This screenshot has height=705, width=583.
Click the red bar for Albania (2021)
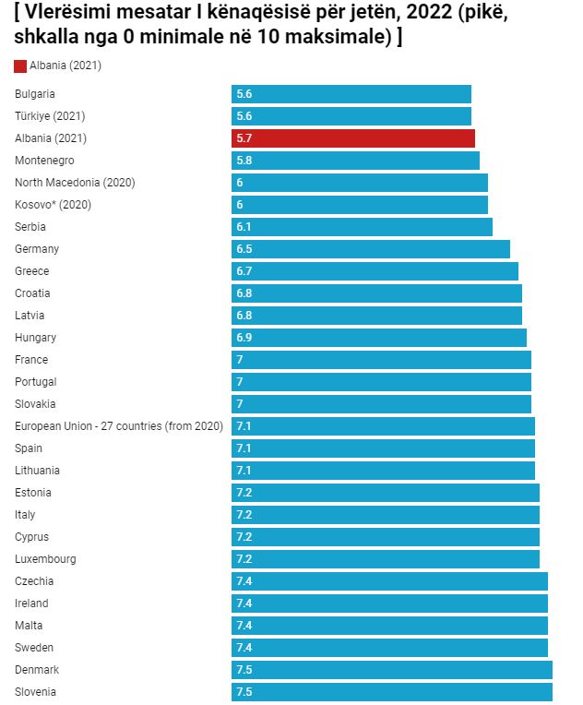[353, 138]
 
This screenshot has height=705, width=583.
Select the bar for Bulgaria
[351, 94]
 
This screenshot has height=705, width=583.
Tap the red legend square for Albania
[20, 66]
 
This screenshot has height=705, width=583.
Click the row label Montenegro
[44, 161]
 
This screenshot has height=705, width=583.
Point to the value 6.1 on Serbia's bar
[244, 227]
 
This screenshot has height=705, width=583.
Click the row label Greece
[31, 271]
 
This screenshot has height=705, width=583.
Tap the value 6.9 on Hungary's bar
[244, 338]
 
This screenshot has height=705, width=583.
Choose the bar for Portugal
[381, 382]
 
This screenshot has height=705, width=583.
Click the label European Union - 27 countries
[119, 426]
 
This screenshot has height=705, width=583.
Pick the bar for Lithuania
[383, 471]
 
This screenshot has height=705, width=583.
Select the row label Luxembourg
[45, 559]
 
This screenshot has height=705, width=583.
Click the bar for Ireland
[389, 603]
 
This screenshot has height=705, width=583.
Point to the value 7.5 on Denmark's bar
[244, 670]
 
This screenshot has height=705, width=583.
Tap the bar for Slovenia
[392, 692]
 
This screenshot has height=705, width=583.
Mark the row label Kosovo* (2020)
[53, 205]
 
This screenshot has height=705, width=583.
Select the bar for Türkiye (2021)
[351, 116]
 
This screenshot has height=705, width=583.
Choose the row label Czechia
[34, 581]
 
